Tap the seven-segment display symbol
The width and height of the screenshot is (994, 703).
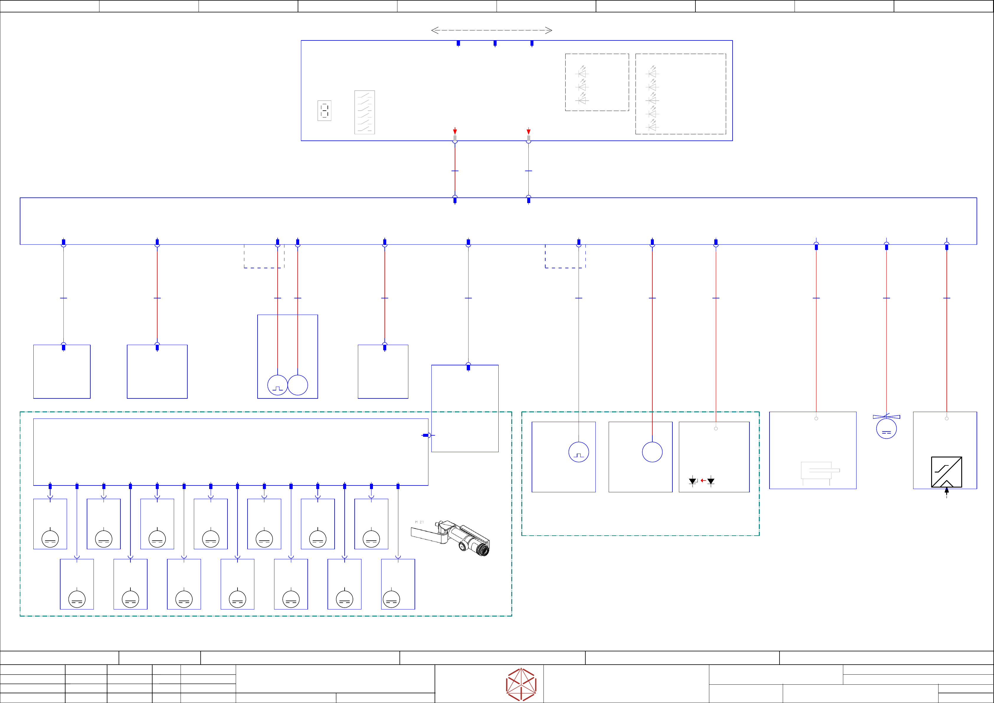coord(324,110)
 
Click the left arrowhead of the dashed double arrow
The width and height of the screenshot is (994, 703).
coord(435,30)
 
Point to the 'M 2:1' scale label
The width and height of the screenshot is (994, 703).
coord(419,522)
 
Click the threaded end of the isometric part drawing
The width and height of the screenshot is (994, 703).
coord(483,550)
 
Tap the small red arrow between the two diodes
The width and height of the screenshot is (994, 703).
coord(702,480)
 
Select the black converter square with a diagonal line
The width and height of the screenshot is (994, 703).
coord(946,472)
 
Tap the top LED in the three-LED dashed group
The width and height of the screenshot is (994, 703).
coord(582,72)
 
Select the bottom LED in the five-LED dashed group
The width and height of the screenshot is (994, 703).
coord(652,126)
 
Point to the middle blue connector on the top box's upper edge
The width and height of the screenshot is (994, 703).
coord(495,43)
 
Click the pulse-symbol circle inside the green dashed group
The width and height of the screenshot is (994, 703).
coord(578,452)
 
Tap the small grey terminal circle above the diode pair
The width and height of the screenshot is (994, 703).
coord(716,429)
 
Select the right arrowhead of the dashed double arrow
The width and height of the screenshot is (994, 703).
coord(549,30)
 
